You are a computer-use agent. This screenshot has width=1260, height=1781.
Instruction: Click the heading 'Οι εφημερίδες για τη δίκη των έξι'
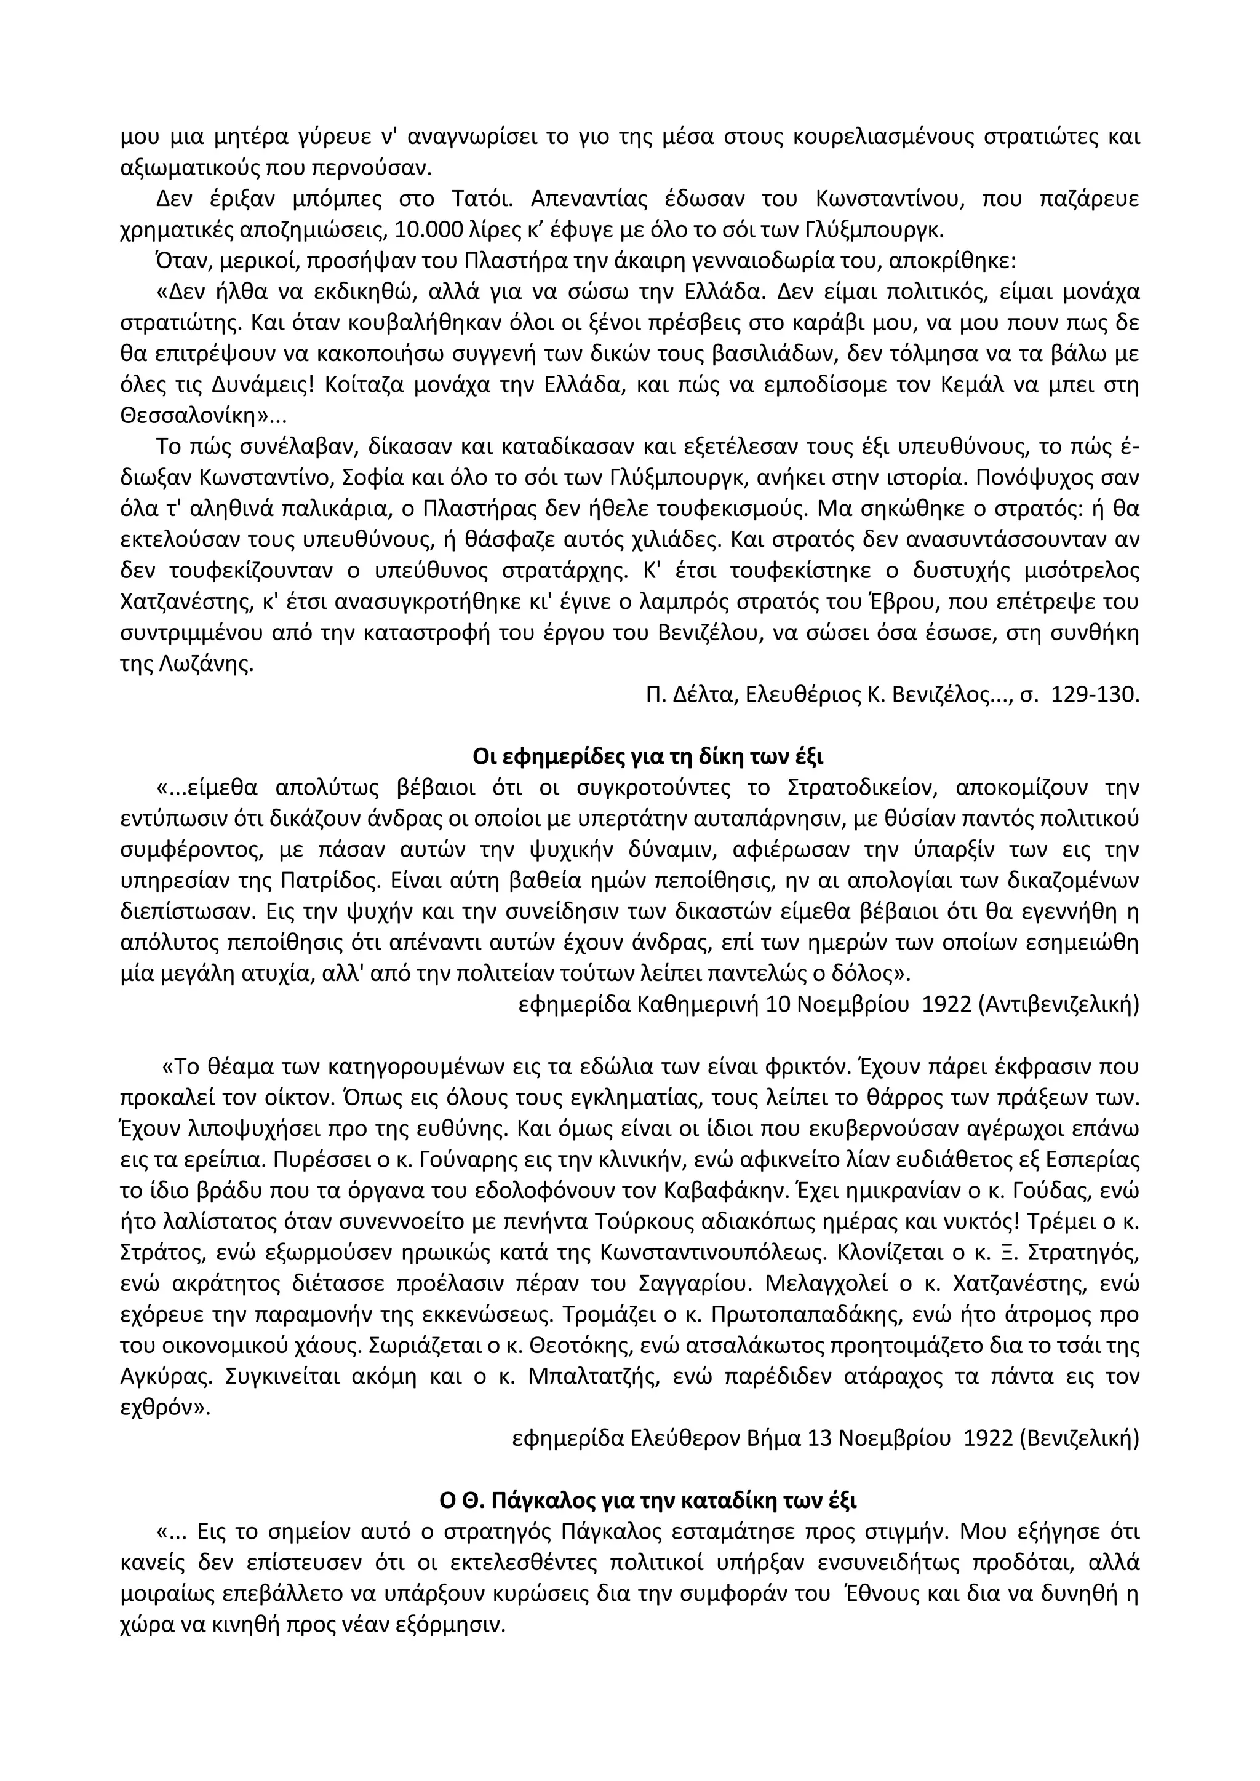coord(648,756)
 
